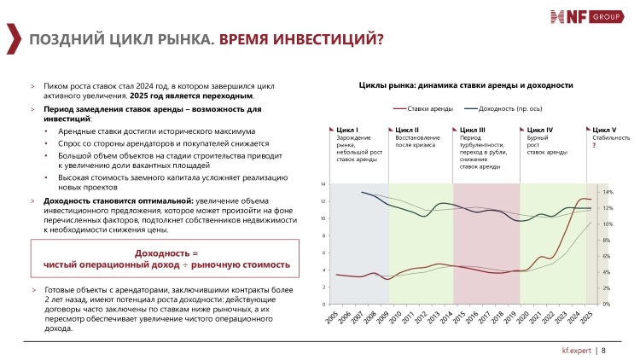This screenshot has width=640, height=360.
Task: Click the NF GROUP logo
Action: pos(587,17)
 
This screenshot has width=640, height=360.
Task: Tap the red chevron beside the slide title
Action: pos(14,38)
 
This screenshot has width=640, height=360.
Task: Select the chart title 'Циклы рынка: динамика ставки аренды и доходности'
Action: pos(466,85)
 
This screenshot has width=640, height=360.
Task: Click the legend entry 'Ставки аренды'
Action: pos(423,108)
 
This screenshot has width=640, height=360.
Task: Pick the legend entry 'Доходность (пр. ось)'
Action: pos(503,108)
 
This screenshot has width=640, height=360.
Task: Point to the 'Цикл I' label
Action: pos(347,130)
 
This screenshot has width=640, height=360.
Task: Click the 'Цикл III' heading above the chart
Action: pos(472,130)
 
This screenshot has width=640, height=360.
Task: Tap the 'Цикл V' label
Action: pos(604,130)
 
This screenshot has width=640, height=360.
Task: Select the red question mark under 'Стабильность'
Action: pos(594,145)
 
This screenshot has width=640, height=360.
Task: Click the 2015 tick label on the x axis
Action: pos(459,317)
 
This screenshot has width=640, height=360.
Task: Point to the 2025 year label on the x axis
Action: pos(585,317)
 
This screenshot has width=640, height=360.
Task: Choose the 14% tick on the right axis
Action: pos(608,192)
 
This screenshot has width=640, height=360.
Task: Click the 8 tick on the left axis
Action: pos(323,236)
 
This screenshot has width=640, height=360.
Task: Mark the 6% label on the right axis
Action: pos(607,256)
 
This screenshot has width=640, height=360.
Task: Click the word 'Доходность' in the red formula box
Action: pos(162,253)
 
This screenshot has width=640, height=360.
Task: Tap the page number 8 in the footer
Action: pos(603,351)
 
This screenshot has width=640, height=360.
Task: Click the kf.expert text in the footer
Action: pos(576,351)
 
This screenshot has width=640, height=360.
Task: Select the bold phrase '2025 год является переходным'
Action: pos(191,96)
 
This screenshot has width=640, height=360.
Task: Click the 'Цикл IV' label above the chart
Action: pos(539,130)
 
